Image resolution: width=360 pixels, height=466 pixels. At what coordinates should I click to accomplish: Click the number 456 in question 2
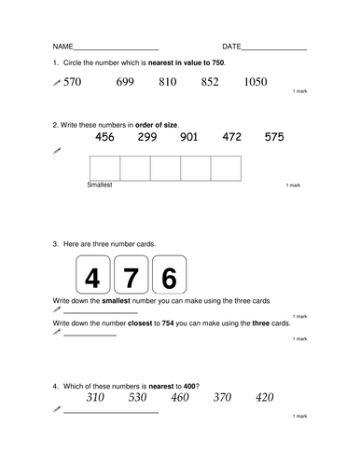pos(105,138)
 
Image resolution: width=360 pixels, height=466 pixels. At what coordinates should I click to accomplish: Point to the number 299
pos(147,138)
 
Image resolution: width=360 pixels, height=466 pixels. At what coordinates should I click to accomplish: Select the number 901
pos(189,138)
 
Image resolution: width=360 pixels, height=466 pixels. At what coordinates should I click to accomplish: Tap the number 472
pos(232,138)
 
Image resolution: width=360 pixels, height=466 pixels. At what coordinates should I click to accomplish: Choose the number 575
pos(274,138)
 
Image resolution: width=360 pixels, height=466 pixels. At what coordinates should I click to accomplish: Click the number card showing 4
pos(92,278)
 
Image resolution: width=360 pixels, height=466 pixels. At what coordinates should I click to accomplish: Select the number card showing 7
pos(131,278)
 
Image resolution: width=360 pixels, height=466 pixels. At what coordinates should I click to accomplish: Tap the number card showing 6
pos(169,278)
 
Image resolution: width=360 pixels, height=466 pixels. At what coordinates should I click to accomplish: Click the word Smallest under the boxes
pos(99,185)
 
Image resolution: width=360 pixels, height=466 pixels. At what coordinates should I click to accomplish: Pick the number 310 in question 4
pos(95,398)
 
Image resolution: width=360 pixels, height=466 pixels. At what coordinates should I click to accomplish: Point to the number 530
pos(138,398)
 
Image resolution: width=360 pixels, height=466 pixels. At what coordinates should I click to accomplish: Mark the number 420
pos(265,398)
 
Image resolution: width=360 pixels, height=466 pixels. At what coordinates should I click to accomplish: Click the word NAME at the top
pos(62,47)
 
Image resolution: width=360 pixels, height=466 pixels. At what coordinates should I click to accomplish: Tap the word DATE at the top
pos(231,47)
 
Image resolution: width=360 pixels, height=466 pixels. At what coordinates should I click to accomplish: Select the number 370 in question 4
pos(223,398)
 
